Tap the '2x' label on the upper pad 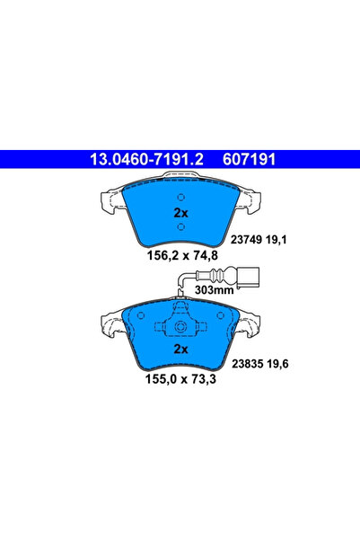180,213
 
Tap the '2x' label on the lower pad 180,348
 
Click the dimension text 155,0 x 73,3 180,381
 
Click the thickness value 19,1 297,239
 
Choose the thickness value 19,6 296,365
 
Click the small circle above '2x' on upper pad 180,198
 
